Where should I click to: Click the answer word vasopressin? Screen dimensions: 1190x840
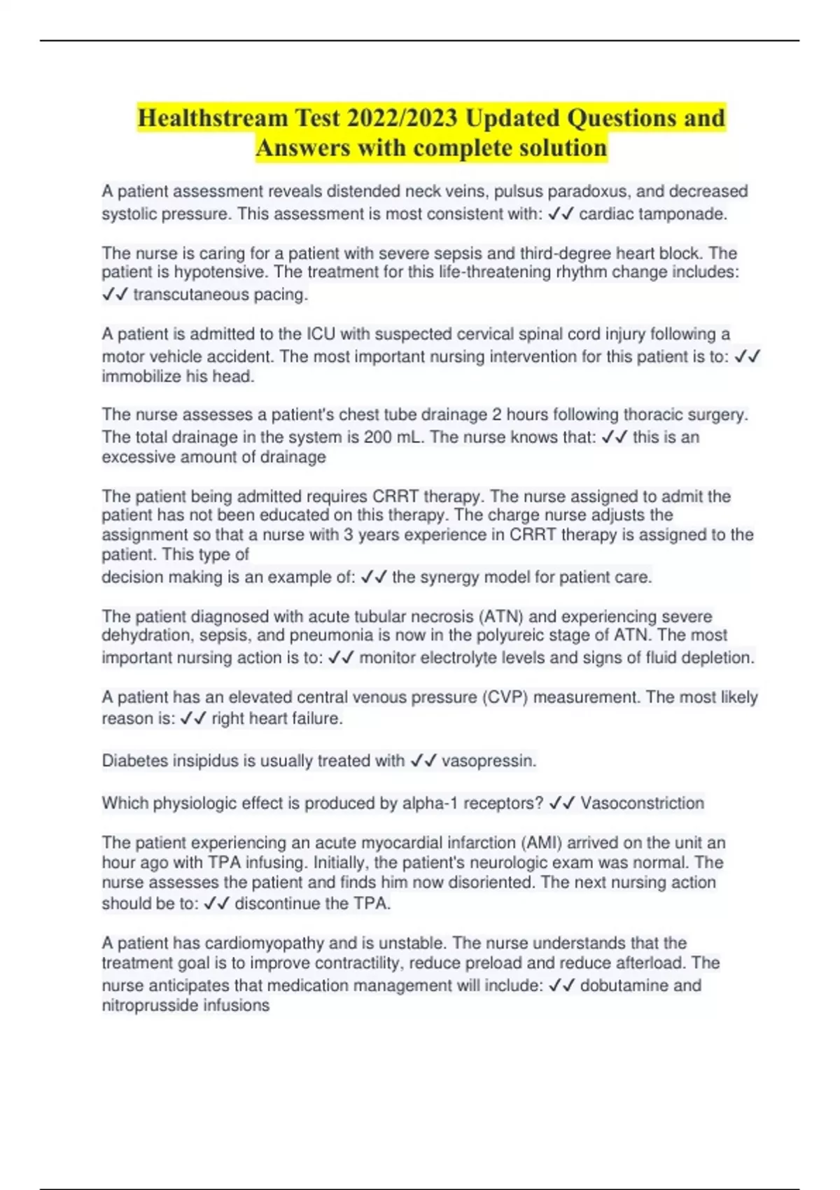pyautogui.click(x=489, y=761)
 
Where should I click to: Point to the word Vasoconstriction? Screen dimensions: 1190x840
pyautogui.click(x=642, y=803)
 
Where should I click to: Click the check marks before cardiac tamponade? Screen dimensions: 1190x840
pyautogui.click(x=561, y=214)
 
